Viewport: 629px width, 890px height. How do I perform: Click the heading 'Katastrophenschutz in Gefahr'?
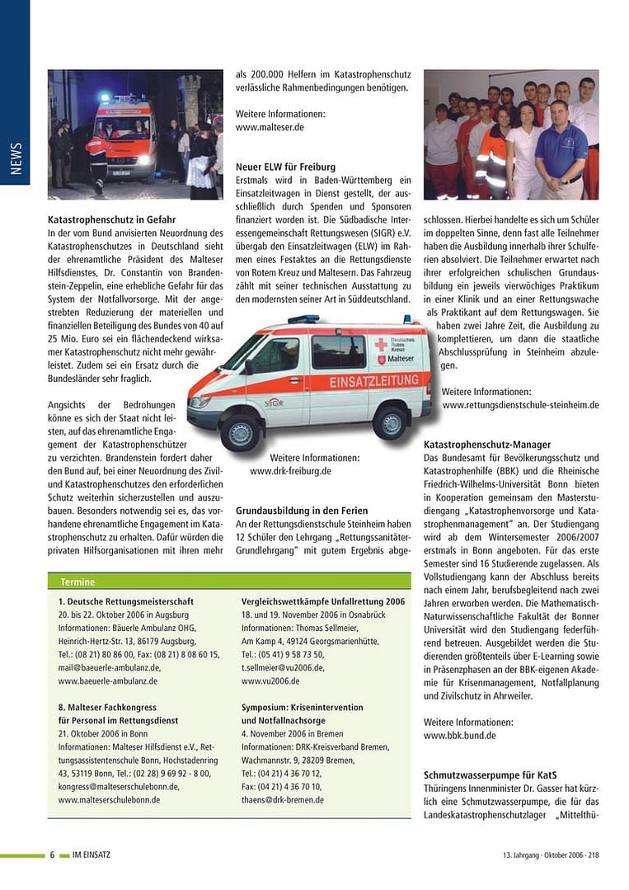click(x=111, y=219)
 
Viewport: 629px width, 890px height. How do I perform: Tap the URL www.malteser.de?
click(x=270, y=128)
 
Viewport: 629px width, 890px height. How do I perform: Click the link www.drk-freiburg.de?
click(x=290, y=471)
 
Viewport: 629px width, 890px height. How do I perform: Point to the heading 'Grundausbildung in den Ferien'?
click(x=302, y=511)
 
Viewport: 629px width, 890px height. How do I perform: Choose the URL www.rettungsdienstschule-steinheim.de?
click(x=520, y=405)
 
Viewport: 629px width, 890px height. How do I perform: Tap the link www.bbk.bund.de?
click(x=459, y=736)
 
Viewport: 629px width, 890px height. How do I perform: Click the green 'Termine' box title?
click(x=77, y=582)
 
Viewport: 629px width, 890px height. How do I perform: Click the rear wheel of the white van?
click(x=389, y=422)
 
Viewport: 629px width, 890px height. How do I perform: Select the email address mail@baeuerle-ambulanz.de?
click(x=110, y=667)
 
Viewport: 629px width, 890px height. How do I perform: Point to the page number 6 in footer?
click(x=52, y=855)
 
